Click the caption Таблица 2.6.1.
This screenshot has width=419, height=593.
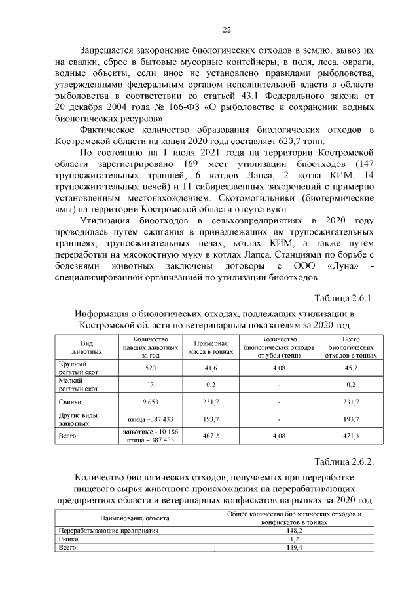[x=345, y=299]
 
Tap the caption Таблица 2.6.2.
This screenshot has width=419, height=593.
[x=345, y=462]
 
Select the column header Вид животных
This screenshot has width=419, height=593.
[x=86, y=347]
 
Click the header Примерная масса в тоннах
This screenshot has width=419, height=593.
[x=211, y=347]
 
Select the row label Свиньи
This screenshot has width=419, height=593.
[x=69, y=402]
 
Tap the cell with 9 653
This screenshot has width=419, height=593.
[x=151, y=402]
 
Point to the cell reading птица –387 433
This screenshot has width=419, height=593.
[x=151, y=418]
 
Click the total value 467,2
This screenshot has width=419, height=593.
[x=211, y=434]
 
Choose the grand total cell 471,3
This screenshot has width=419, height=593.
[x=351, y=434]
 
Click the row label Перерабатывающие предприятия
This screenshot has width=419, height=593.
[x=100, y=530]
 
